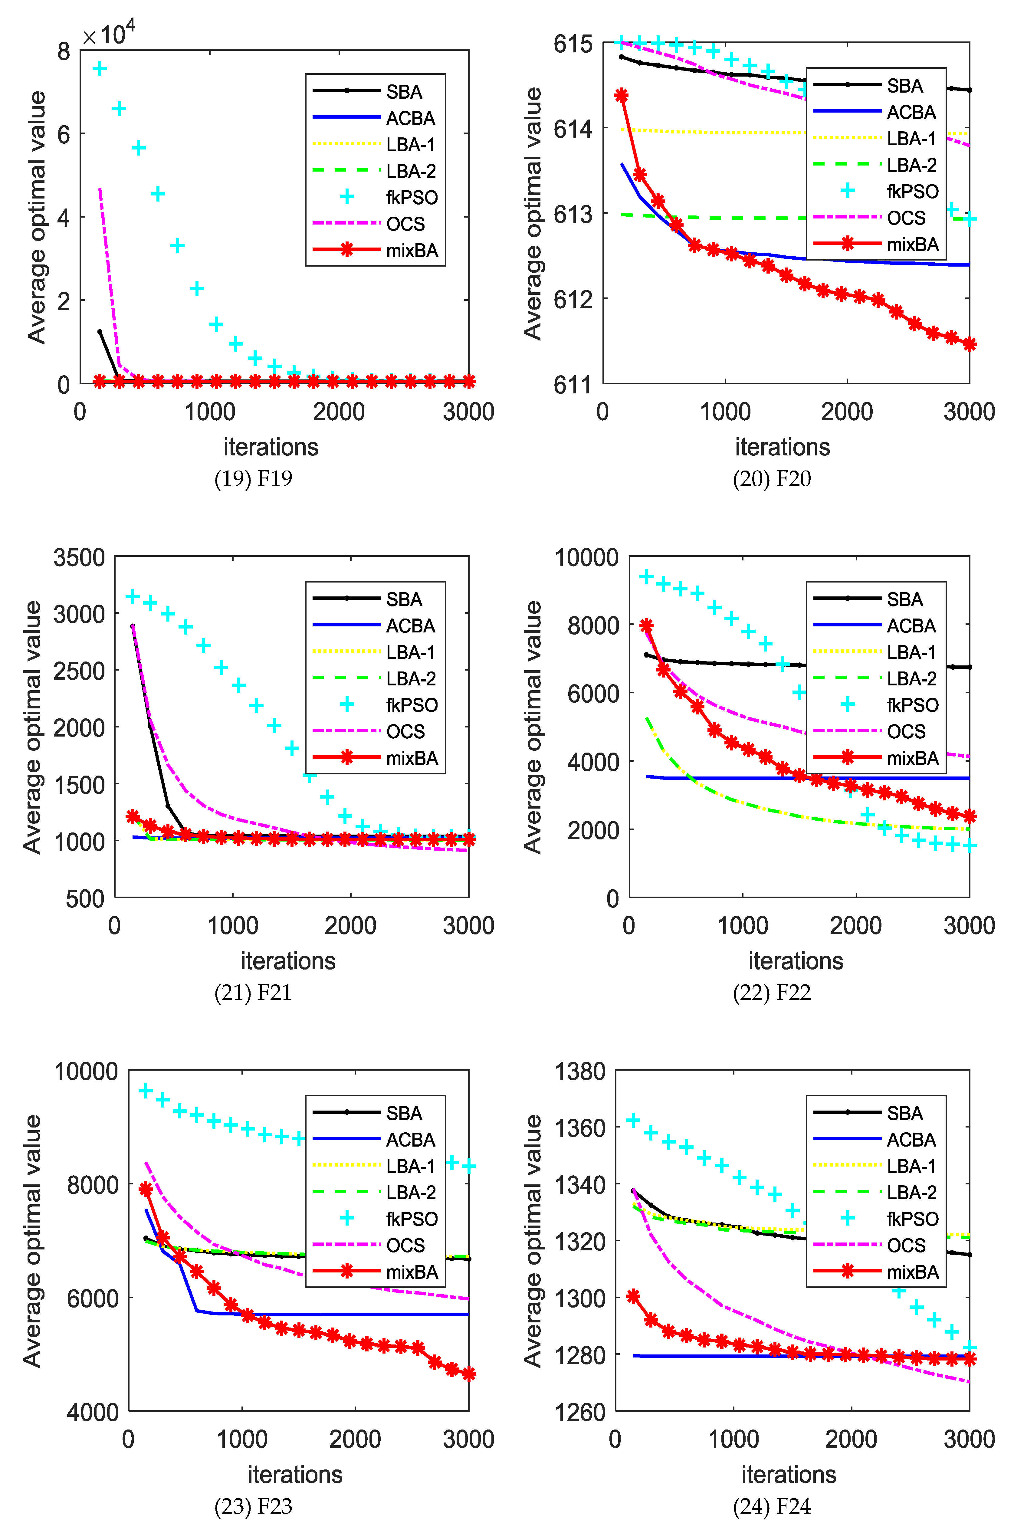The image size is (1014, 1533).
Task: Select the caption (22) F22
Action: click(x=772, y=993)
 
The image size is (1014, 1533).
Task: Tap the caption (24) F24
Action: click(x=772, y=1506)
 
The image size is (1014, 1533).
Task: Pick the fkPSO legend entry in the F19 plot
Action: click(x=375, y=197)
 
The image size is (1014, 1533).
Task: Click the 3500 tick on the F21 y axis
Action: click(x=79, y=557)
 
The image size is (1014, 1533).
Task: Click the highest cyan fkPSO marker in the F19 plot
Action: click(x=100, y=68)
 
